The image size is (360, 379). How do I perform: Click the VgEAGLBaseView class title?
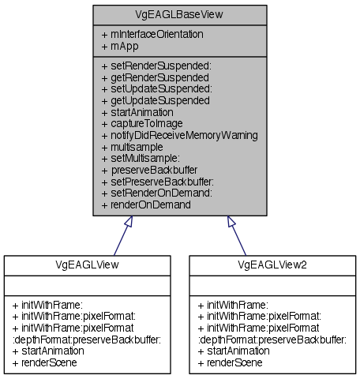(179, 13)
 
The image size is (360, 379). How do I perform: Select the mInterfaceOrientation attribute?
(152, 34)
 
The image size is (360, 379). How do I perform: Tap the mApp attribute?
(120, 46)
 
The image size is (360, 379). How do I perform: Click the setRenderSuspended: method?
(156, 67)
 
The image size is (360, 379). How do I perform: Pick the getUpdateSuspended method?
(155, 100)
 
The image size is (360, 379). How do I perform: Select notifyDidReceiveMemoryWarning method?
(180, 134)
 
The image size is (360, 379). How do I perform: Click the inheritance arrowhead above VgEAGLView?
(126, 223)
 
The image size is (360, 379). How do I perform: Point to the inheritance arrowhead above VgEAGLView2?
(231, 223)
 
